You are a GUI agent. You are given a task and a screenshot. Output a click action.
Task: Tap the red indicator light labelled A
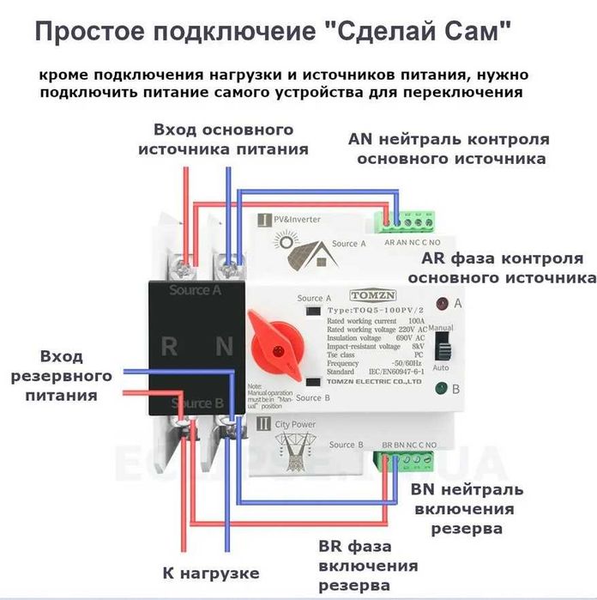[x=443, y=303]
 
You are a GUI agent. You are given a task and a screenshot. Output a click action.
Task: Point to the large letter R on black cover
[x=170, y=347]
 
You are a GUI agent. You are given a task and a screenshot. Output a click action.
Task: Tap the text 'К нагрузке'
[x=211, y=572]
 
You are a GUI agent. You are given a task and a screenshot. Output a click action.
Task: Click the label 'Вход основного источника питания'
[x=223, y=139]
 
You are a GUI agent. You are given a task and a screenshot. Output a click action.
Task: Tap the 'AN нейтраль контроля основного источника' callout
[x=449, y=148]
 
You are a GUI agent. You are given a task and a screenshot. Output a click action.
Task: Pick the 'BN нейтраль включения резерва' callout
[x=466, y=509]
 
